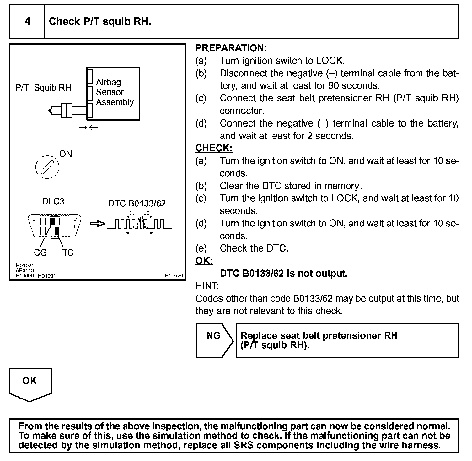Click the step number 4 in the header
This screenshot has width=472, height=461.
point(27,21)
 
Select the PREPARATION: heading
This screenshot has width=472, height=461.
point(231,48)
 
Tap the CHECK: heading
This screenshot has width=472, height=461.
point(214,148)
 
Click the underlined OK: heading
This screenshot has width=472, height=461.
point(204,261)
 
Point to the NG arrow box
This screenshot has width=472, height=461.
point(214,340)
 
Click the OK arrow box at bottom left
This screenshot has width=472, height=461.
point(30,384)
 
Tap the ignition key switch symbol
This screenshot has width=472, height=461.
point(47,166)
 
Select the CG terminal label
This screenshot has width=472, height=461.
point(40,252)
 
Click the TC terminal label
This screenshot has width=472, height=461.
point(68,252)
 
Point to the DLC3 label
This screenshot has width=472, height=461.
point(53,202)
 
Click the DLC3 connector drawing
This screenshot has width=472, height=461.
point(55,226)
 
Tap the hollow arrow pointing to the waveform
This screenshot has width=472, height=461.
point(98,224)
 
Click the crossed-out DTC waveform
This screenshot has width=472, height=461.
point(140,224)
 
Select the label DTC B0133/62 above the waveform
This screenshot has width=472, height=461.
point(137,203)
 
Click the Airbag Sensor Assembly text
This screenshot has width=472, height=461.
point(115,92)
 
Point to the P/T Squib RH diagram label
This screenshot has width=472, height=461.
point(43,88)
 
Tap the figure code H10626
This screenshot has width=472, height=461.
point(174,276)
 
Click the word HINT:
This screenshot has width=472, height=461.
point(207,286)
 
